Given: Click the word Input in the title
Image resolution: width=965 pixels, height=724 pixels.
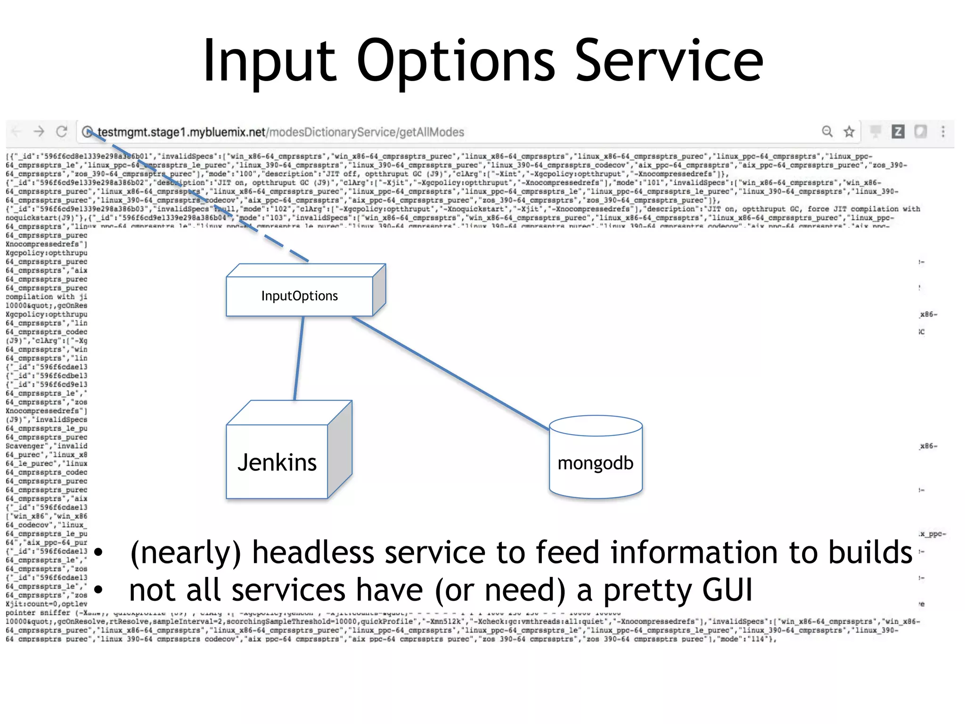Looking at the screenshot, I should tap(269, 61).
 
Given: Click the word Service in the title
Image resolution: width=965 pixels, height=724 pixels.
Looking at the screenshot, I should tap(669, 61).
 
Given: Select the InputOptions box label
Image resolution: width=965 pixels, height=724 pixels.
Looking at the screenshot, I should tap(300, 296).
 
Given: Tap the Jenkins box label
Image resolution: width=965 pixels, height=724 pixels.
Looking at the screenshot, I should tap(277, 462).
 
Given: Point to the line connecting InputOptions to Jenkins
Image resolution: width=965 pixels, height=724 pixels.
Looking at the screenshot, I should tap(299, 358).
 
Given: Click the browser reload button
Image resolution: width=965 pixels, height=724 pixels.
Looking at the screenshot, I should tap(62, 132).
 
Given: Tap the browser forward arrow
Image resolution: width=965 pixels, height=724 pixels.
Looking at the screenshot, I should tap(39, 132).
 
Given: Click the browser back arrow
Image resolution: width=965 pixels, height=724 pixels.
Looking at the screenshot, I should tap(16, 132).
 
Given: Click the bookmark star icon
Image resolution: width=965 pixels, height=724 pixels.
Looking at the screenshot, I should tap(849, 132).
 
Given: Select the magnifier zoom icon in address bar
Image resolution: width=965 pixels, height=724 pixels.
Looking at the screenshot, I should tap(827, 132).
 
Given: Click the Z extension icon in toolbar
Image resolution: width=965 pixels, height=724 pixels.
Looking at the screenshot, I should tap(898, 132).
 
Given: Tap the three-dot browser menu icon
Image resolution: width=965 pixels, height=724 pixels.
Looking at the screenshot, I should tap(943, 132).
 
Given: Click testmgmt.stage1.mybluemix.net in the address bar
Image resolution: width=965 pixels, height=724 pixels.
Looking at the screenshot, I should tap(181, 132).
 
